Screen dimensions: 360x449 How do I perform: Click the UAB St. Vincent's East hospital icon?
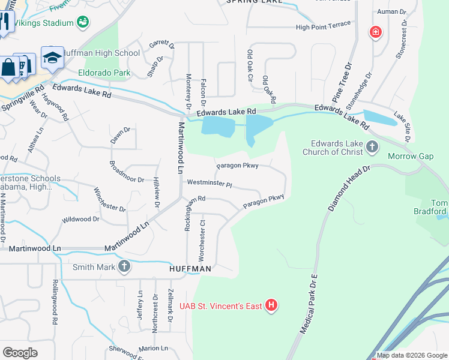pos(272,306)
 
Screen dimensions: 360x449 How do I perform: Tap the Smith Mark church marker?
pos(124,267)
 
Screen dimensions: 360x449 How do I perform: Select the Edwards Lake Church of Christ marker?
pos(372,146)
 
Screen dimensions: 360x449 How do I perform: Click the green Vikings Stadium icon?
pos(83,23)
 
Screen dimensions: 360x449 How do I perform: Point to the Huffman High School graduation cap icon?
pos(52,58)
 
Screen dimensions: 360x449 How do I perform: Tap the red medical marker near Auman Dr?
pos(376,31)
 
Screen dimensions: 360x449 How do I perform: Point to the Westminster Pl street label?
pos(209,182)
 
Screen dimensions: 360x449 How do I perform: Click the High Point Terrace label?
pos(322,27)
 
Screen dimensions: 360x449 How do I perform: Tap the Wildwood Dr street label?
pos(80,220)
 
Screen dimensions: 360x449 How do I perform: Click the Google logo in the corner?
pos(20,352)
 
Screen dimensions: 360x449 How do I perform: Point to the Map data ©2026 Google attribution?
pos(412,355)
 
